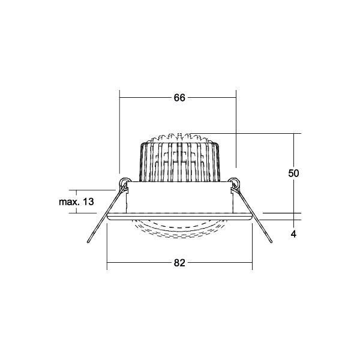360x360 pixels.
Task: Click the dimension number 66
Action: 179,99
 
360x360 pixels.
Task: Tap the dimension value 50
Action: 293,173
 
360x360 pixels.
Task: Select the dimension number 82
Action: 179,262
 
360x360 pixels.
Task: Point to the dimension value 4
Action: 293,235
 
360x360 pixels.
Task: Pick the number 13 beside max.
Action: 88,202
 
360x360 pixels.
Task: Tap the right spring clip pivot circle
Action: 234,182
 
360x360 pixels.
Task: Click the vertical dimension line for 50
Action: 293,150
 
